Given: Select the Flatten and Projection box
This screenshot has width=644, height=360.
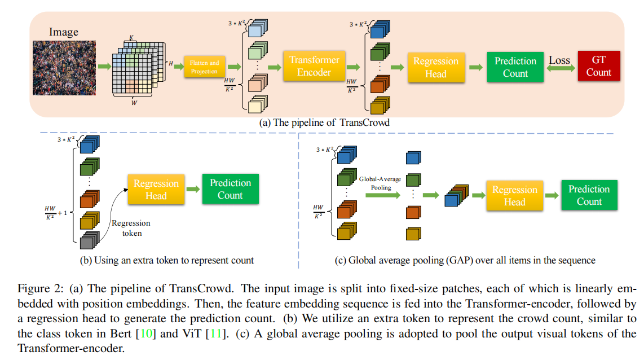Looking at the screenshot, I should [x=204, y=67].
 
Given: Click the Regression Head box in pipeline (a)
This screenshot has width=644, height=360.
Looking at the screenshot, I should [x=436, y=67].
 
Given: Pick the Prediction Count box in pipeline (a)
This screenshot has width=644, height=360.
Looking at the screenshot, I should [x=515, y=67].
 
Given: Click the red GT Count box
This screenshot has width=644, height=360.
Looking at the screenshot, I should [x=598, y=67].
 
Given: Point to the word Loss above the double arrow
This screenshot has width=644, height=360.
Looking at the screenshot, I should [x=559, y=60].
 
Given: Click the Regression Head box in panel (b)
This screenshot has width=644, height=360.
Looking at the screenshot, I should [x=156, y=190].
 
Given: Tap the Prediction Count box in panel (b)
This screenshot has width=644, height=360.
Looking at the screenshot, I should [x=230, y=189].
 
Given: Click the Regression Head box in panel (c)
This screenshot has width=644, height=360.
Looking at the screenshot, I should [x=514, y=196].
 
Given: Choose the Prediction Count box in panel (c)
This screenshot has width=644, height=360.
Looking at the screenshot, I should [x=589, y=195].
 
